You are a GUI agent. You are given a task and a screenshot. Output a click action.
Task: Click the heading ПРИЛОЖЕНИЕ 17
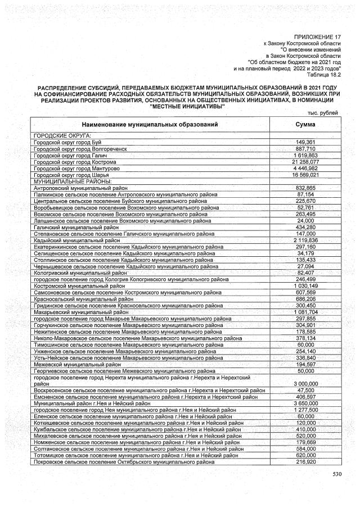[x=318, y=36]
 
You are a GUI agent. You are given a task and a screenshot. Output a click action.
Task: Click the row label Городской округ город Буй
[x=67, y=142]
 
